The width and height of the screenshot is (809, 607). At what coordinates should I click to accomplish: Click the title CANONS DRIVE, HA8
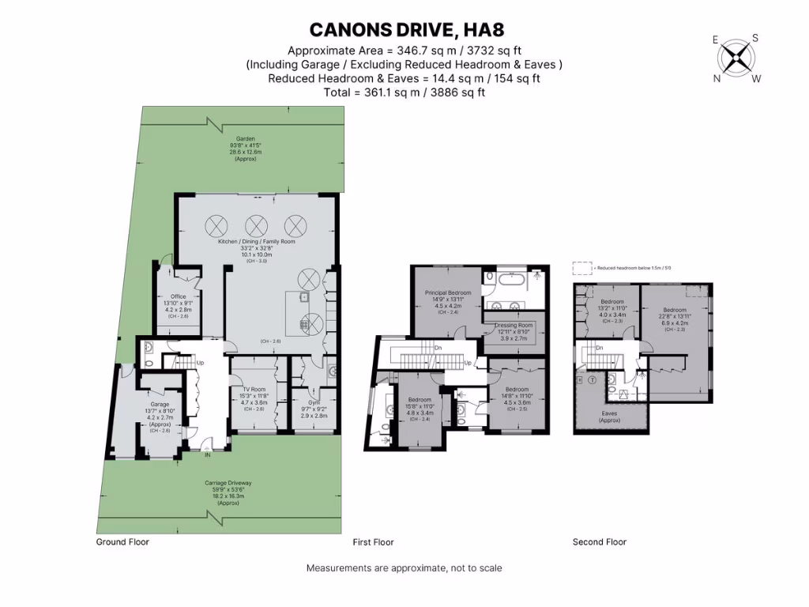(404, 30)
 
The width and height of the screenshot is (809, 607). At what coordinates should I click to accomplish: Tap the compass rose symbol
(736, 57)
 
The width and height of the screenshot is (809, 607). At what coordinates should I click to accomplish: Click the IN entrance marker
(208, 456)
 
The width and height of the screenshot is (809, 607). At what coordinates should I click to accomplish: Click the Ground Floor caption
(122, 542)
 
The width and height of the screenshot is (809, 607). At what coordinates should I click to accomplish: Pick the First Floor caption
(373, 542)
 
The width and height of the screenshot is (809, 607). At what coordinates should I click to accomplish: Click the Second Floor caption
(599, 542)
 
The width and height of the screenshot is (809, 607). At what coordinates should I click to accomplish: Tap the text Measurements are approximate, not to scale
(404, 568)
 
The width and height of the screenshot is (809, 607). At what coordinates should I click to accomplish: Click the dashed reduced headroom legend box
(582, 269)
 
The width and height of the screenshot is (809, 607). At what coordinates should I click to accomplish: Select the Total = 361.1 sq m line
(404, 92)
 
